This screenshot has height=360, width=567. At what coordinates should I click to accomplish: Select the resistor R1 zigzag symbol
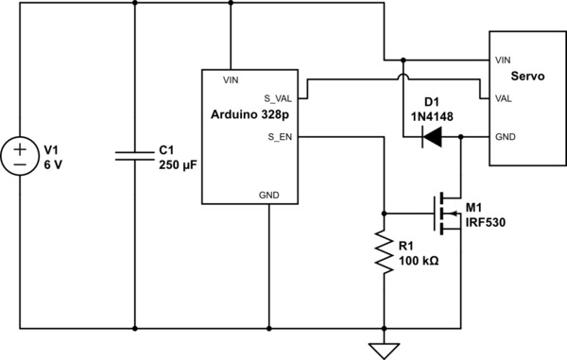pos(385,250)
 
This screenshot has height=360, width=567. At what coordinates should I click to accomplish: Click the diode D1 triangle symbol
pos(432,138)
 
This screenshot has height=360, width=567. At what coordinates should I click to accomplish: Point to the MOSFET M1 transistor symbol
pos(444,214)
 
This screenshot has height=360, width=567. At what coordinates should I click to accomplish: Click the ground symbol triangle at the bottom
pos(385,351)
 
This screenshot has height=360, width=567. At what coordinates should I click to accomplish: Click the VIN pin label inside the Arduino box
pos(231,80)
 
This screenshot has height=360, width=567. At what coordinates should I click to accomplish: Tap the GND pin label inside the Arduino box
pos(269,193)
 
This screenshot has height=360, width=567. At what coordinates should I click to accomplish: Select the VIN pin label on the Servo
pos(503,59)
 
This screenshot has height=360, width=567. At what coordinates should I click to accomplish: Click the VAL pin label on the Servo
pos(504,97)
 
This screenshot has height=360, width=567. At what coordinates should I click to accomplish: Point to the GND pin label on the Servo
pos(505,137)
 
